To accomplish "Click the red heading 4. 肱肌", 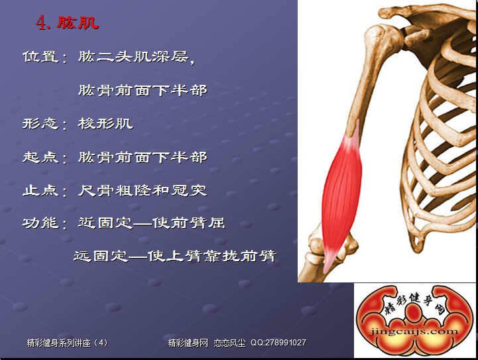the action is pyautogui.click(x=68, y=23).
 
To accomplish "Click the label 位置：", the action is pyautogui.click(x=45, y=57).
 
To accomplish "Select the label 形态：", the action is pyautogui.click(x=45, y=124).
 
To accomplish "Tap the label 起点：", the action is pyautogui.click(x=45, y=157).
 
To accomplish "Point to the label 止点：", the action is pyautogui.click(x=45, y=191).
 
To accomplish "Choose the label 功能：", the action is pyautogui.click(x=45, y=223).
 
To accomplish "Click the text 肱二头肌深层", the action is pyautogui.click(x=133, y=57).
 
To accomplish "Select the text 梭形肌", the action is pyautogui.click(x=105, y=123).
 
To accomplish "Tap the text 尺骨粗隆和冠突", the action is pyautogui.click(x=143, y=190).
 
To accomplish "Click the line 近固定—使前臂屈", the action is pyautogui.click(x=152, y=223).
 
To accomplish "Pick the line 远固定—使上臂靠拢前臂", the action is pyautogui.click(x=175, y=256).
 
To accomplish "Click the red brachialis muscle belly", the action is pyautogui.click(x=341, y=195).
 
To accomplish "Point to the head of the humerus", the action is pyautogui.click(x=378, y=36).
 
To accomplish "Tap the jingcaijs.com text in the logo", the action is pyautogui.click(x=414, y=331).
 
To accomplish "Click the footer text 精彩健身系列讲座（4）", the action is pyautogui.click(x=67, y=343).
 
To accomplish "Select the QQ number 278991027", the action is pyautogui.click(x=285, y=343).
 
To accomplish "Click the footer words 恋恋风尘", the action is pyautogui.click(x=229, y=343).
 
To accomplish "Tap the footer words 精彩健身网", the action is pyautogui.click(x=188, y=343).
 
